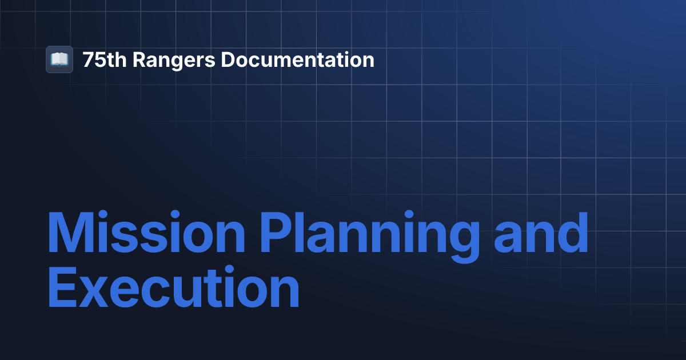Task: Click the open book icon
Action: (59, 59)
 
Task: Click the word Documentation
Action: (297, 59)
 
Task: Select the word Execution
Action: (173, 290)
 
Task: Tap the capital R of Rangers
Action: (139, 59)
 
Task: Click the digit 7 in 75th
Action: (87, 59)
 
